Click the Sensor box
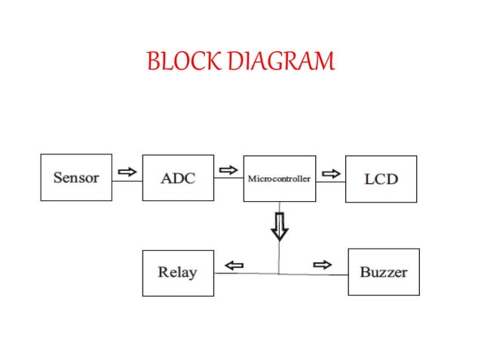pyautogui.click(x=76, y=178)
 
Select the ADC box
pyautogui.click(x=178, y=178)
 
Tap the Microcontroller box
pyautogui.click(x=279, y=178)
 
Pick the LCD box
pyautogui.click(x=381, y=179)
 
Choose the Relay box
pyautogui.click(x=178, y=273)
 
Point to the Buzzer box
pyautogui.click(x=383, y=273)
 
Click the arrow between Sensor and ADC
pyautogui.click(x=127, y=172)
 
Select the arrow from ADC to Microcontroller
pyautogui.click(x=228, y=171)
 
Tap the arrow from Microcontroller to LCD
pyautogui.click(x=329, y=173)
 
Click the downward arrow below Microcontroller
pyautogui.click(x=280, y=225)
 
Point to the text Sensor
pyautogui.click(x=76, y=178)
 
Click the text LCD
pyautogui.click(x=381, y=180)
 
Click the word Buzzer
pyautogui.click(x=383, y=273)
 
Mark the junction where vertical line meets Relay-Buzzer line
pyautogui.click(x=280, y=273)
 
